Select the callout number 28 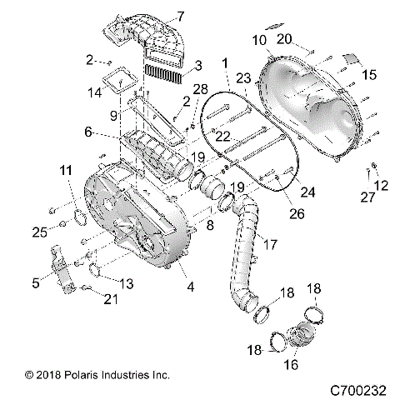199,89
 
